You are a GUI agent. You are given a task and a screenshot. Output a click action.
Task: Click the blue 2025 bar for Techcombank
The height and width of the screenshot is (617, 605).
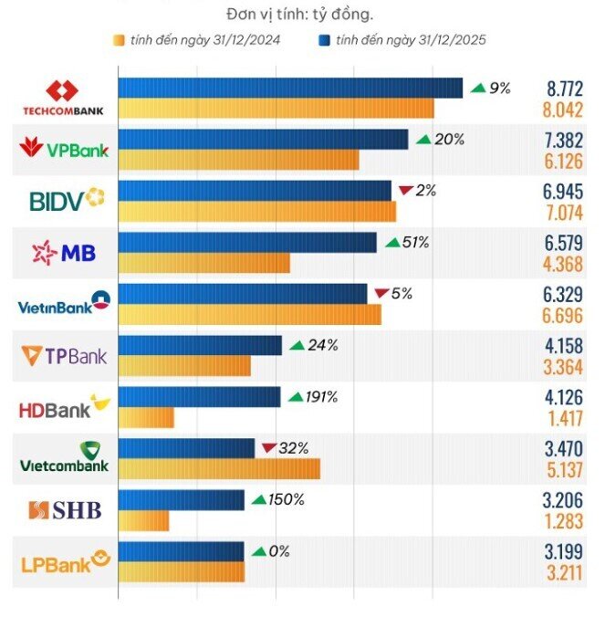290,88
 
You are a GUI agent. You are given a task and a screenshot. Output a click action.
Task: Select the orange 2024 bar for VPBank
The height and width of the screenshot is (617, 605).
239,160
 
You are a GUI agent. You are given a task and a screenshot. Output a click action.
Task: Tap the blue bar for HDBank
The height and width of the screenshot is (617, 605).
200,397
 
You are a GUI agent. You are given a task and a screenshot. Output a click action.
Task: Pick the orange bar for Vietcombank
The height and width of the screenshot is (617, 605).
219,468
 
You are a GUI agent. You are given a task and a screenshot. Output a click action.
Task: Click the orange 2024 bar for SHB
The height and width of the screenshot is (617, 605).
143,520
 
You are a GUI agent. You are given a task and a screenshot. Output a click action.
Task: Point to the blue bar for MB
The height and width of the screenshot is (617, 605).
247,243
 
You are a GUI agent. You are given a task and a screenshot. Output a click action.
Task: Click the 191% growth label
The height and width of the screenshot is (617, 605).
322,397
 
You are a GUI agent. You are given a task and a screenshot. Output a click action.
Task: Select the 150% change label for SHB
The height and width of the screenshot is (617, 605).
287,500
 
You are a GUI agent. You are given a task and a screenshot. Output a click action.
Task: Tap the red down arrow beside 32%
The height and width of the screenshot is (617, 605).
269,448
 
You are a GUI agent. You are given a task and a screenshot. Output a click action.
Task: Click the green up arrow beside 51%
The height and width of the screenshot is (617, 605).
392,243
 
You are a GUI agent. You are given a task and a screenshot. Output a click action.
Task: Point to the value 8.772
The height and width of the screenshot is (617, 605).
565,89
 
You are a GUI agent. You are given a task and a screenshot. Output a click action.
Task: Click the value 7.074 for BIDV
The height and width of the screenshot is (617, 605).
565,213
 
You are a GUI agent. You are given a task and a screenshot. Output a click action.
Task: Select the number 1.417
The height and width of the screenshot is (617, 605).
566,419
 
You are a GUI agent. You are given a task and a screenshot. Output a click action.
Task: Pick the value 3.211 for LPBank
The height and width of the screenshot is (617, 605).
565,573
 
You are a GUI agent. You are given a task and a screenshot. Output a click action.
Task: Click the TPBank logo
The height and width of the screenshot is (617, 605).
64,356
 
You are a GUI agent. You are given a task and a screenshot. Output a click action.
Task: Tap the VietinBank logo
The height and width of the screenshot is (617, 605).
64,303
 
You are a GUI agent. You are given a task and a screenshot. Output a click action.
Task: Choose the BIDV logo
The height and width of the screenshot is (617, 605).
67,200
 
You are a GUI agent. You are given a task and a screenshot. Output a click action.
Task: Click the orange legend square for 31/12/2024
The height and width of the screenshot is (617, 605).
119,40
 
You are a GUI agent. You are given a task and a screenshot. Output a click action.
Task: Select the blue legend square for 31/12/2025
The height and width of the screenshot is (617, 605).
324,40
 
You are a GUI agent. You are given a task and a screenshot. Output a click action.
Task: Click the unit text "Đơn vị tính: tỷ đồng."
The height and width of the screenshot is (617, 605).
299,15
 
